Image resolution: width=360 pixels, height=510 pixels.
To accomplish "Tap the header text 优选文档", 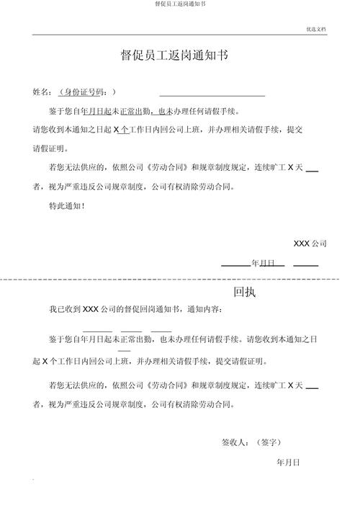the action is coord(316,30).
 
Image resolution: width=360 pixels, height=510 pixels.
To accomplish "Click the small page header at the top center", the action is coord(180,4).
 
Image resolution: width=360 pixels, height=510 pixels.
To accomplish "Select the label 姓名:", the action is coord(42,93).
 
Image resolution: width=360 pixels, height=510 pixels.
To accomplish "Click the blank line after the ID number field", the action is coord(212,94).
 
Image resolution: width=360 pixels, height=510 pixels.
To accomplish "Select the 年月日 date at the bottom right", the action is coord(288,462).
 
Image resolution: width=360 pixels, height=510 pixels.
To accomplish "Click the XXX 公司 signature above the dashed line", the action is coord(310,243).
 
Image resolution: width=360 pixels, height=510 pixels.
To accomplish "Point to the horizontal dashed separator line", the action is coord(180,278).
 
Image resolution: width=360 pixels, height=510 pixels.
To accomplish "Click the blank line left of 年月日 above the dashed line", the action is coord(235,264).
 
